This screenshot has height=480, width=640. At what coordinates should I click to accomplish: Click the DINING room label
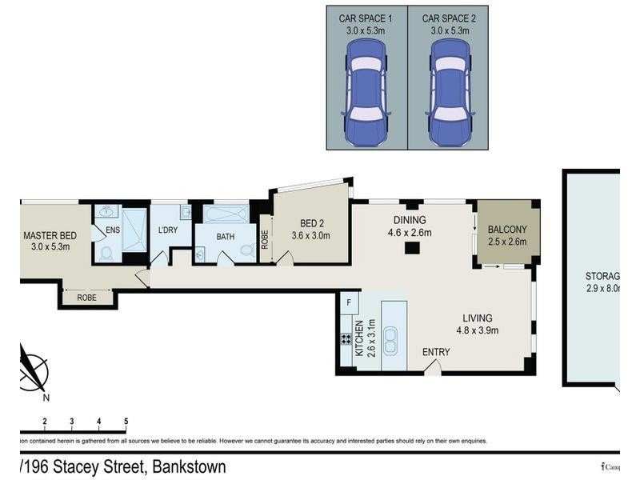(410, 221)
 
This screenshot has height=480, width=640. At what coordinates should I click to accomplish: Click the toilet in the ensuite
(106, 253)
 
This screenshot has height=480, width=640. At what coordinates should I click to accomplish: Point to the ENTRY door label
(435, 352)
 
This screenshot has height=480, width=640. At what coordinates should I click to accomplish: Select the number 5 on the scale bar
(126, 421)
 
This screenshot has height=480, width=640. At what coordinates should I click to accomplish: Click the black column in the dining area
(411, 248)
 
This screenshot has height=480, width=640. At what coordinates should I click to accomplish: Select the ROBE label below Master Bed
(87, 297)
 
